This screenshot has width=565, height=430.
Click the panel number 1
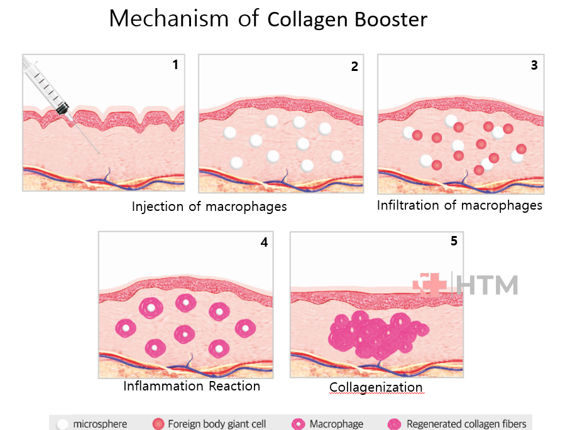(x=175, y=65)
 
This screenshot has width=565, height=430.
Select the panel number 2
(x=354, y=66)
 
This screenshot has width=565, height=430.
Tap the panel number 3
(x=534, y=65)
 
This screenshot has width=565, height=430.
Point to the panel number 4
(x=264, y=242)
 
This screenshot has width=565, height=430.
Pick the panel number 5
(x=454, y=241)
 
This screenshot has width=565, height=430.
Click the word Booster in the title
(x=390, y=19)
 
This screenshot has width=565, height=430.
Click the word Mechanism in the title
(x=169, y=19)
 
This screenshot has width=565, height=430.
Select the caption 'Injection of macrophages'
(x=209, y=207)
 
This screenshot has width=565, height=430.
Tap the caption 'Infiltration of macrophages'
(x=459, y=205)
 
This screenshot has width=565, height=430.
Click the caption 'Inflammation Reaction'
(x=192, y=386)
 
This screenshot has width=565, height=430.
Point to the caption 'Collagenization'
(x=376, y=387)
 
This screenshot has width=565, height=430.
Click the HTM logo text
(x=488, y=284)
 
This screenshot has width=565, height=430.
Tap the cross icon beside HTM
(x=430, y=283)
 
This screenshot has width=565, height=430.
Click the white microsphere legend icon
(x=62, y=424)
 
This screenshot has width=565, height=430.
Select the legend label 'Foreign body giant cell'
(x=217, y=424)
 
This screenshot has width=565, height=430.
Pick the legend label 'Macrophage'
(x=336, y=424)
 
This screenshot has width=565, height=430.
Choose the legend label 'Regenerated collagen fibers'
(x=467, y=424)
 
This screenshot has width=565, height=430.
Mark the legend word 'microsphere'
(x=100, y=424)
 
